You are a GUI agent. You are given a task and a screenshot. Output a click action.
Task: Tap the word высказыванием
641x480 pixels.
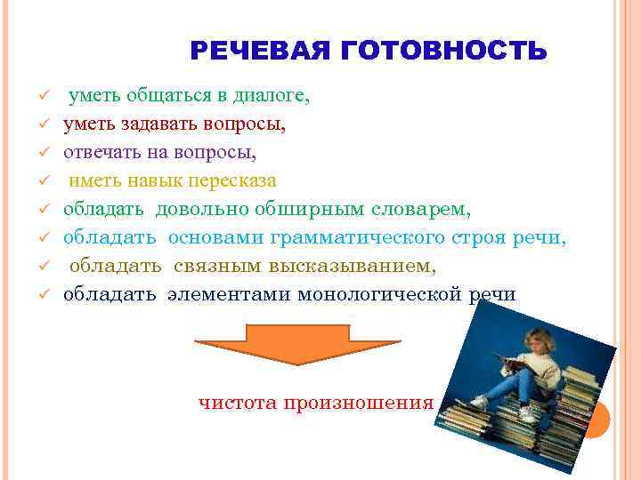(x=357, y=266)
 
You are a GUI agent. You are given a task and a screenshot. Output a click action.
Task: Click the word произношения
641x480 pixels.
(x=358, y=402)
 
